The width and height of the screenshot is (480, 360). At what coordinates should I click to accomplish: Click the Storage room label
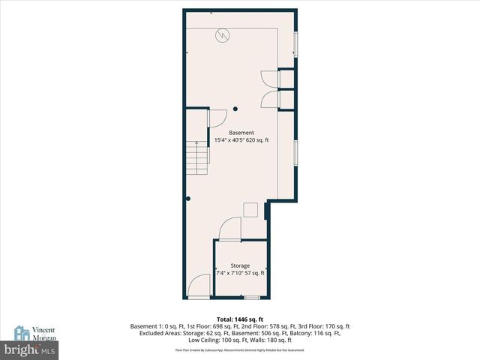[240, 265]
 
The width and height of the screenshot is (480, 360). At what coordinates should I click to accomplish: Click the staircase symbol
[196, 157]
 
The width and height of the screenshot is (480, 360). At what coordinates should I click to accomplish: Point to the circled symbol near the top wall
[223, 34]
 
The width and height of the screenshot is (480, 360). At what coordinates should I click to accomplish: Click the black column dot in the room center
[235, 107]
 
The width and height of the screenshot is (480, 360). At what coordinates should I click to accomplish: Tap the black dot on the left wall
[187, 199]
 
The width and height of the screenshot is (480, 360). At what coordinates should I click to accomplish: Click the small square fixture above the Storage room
[251, 210]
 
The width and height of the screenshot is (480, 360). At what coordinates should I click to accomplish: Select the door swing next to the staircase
[217, 118]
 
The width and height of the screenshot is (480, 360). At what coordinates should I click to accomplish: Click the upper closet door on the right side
[268, 79]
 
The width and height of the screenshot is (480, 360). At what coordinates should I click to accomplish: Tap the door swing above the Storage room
[230, 228]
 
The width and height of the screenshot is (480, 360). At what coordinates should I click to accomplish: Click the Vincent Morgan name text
[43, 334]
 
